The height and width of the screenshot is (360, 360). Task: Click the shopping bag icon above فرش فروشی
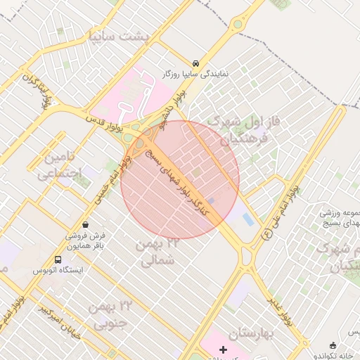[85, 224]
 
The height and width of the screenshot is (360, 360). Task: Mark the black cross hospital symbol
[224, 349]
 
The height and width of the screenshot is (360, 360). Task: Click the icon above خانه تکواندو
[333, 345]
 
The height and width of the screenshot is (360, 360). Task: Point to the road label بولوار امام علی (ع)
[281, 212]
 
